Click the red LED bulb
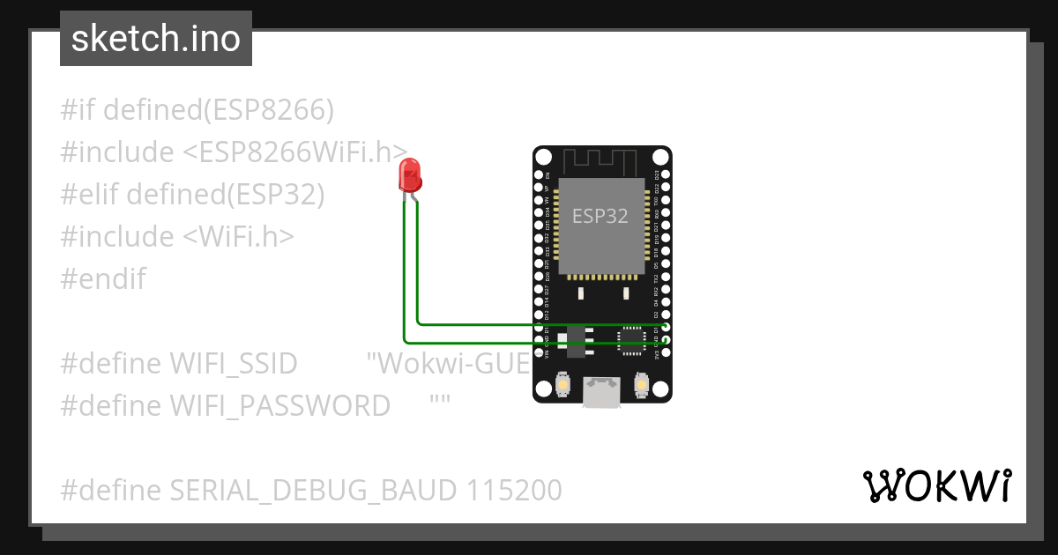pyautogui.click(x=410, y=175)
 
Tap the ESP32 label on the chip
pyautogui.click(x=600, y=216)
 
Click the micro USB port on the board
pyautogui.click(x=601, y=394)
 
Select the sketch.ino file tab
pyautogui.click(x=156, y=39)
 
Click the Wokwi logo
pyautogui.click(x=936, y=485)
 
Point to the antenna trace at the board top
pyautogui.click(x=600, y=161)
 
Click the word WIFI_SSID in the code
pyautogui.click(x=233, y=363)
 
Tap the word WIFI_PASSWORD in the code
pyautogui.click(x=279, y=405)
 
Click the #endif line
pyautogui.click(x=103, y=279)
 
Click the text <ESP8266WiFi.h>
pyautogui.click(x=294, y=152)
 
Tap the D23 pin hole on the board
pyautogui.click(x=667, y=174)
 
